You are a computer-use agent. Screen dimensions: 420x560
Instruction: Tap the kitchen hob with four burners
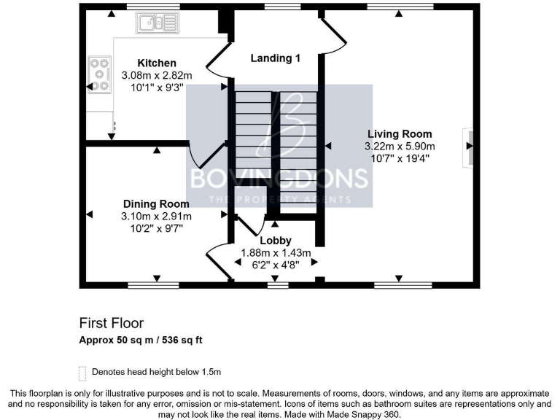tap(98, 74)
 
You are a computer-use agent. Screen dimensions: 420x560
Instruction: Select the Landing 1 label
tap(276, 58)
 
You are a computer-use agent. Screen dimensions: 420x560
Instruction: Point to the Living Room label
tap(400, 134)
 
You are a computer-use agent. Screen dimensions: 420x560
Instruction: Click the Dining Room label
tap(156, 204)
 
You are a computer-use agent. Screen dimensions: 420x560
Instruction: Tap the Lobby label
tap(276, 241)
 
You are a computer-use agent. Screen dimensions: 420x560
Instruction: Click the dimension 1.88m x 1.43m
tap(276, 253)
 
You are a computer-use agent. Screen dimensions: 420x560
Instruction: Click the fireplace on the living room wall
tap(467, 149)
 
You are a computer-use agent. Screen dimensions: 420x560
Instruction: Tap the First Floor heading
tap(112, 323)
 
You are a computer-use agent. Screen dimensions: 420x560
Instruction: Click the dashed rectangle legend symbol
tap(82, 372)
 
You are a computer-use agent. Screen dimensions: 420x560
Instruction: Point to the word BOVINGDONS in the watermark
tap(279, 179)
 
